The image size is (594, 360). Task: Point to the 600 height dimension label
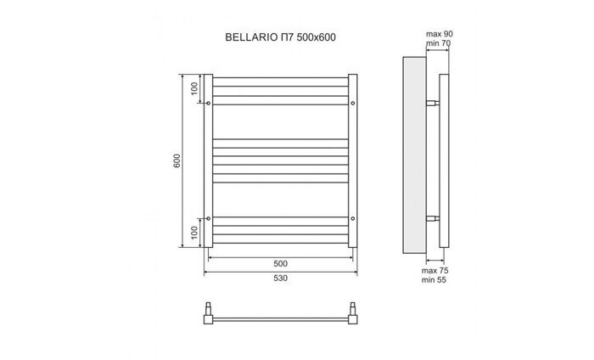(176, 161)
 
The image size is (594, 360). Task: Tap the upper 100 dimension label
(193, 88)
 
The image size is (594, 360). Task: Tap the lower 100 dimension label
(193, 233)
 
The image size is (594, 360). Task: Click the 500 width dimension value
(280, 263)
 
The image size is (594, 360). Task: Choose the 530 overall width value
(280, 280)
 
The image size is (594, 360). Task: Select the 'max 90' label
(438, 34)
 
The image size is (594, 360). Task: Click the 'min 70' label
(438, 43)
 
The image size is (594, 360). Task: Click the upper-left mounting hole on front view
(209, 104)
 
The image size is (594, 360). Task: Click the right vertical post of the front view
(353, 161)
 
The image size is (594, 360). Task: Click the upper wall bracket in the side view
(433, 104)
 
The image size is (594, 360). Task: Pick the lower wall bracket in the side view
(433, 217)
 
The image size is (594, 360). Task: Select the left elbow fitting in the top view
(209, 318)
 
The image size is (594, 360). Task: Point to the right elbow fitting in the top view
(353, 318)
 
